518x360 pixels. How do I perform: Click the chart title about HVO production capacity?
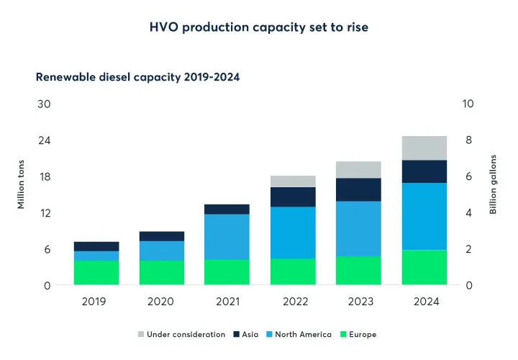pyautogui.click(x=258, y=27)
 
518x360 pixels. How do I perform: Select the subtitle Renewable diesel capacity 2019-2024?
pyautogui.click(x=137, y=76)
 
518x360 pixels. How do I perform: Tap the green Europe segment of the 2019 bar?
pyautogui.click(x=96, y=272)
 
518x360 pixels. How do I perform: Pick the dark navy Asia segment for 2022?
pyautogui.click(x=293, y=197)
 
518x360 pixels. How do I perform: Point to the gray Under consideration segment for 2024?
pyautogui.click(x=424, y=148)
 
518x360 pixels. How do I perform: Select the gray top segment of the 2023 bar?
pyautogui.click(x=358, y=169)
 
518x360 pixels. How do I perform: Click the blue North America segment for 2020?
pyautogui.click(x=162, y=250)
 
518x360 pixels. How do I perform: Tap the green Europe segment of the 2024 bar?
pyautogui.click(x=424, y=267)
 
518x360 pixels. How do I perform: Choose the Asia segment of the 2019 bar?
pyautogui.click(x=96, y=246)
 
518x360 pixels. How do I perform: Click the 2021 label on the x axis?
pyautogui.click(x=227, y=302)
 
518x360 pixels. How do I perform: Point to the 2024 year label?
pyautogui.click(x=424, y=302)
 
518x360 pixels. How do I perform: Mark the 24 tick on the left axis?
pyautogui.click(x=44, y=140)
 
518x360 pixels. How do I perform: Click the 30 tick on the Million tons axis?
pyautogui.click(x=44, y=104)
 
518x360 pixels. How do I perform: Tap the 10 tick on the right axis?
pyautogui.click(x=468, y=104)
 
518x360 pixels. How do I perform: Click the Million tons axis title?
pyautogui.click(x=21, y=184)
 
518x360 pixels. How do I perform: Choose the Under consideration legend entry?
pyautogui.click(x=181, y=334)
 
